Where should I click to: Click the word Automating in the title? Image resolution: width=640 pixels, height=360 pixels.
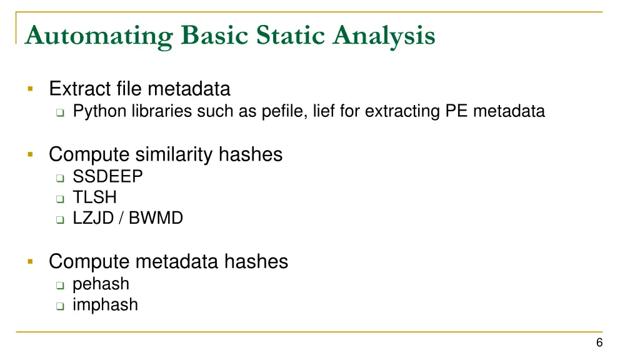coord(99,36)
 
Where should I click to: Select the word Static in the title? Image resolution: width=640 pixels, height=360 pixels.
coord(291,35)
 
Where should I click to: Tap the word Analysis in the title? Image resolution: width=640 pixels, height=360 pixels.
coord(384,36)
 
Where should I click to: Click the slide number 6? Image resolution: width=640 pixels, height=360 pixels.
coord(599,342)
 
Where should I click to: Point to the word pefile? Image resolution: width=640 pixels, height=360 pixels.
coord(279,111)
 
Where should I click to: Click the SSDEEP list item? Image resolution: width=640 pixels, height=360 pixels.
coord(107,177)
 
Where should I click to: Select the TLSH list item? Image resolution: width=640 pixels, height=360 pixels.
coord(94,197)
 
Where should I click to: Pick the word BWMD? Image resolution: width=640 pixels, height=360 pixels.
coord(156,219)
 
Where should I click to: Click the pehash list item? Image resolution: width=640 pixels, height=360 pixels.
coord(101,284)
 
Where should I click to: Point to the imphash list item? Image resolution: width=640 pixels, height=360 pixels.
coord(105,305)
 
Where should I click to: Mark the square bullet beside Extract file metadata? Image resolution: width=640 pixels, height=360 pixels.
coord(29,89)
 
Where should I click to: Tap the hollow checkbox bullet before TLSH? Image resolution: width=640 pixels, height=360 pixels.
coord(59,199)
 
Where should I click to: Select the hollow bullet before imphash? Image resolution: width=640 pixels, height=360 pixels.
coord(59,306)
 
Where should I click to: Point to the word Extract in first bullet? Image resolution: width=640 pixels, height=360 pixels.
coord(79,89)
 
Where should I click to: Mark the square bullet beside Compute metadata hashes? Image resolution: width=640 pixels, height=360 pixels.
coord(29,261)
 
